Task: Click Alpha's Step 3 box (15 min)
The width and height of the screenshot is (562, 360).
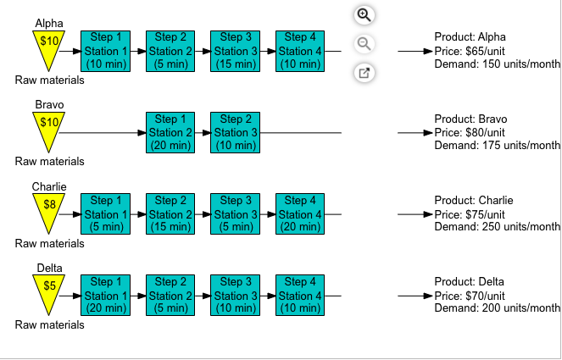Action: coord(234,51)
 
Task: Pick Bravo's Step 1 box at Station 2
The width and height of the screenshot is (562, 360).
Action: coord(170,133)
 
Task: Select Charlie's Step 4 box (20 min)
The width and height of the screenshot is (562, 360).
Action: coord(299,214)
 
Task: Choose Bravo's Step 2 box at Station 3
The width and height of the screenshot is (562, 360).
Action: coord(234,133)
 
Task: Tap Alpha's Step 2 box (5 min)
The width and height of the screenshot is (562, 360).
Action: coord(170,51)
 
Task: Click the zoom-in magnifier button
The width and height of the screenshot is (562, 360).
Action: coord(364,15)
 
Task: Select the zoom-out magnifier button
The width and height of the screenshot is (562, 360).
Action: coord(364,44)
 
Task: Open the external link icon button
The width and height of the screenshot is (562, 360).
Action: coord(364,73)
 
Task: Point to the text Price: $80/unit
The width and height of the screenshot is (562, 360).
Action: coord(470,133)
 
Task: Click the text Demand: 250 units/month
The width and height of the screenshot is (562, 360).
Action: coord(497,227)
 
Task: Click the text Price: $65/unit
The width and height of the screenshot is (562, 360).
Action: coord(470,51)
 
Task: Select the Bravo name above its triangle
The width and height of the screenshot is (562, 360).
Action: coord(50,105)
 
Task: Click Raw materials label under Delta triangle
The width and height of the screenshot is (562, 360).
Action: coord(49,324)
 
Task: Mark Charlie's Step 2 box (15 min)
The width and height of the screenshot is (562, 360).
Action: coord(170,214)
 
